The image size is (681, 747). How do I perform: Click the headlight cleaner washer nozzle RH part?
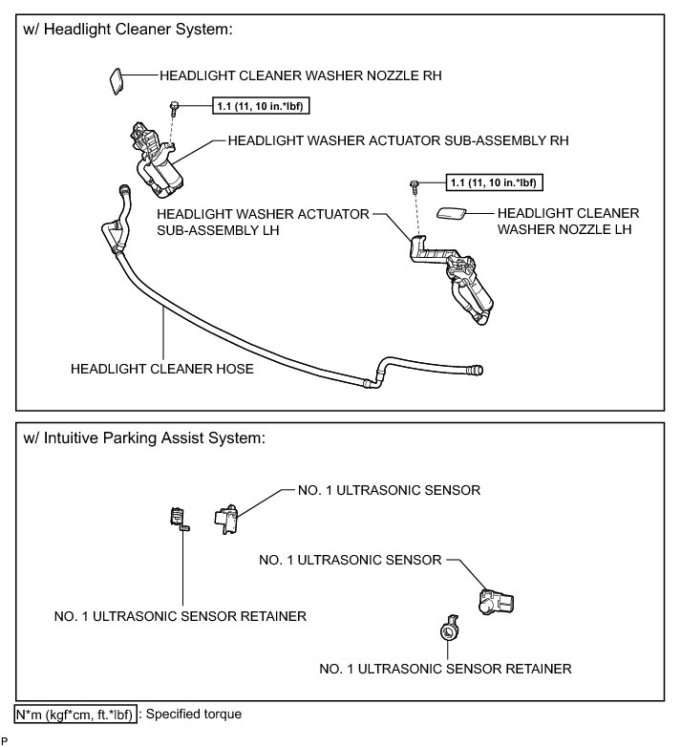click(x=114, y=79)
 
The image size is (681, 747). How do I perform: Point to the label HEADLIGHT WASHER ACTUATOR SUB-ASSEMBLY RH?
click(x=398, y=139)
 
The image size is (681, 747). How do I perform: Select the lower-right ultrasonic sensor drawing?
click(x=496, y=601)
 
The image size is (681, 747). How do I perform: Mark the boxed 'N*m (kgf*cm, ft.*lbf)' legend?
click(x=74, y=714)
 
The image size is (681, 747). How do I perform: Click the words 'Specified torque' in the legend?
click(x=191, y=714)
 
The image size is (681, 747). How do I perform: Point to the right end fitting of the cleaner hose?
click(x=475, y=369)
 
